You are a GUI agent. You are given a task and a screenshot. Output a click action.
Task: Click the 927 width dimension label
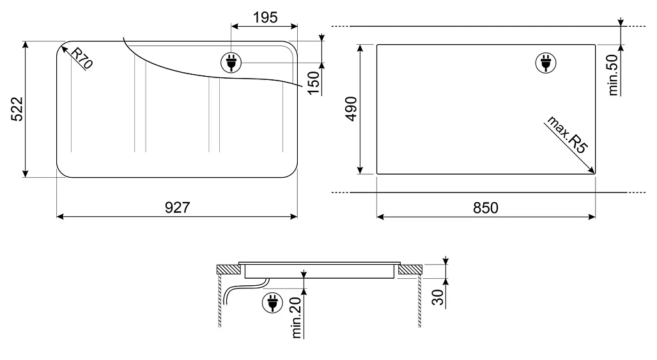pyautogui.click(x=177, y=208)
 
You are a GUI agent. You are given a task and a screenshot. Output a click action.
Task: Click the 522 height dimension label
pyautogui.click(x=17, y=109)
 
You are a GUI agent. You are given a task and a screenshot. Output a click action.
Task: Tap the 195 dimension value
pyautogui.click(x=264, y=18)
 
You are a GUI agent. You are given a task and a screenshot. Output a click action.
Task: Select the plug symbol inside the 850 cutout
pyautogui.click(x=545, y=62)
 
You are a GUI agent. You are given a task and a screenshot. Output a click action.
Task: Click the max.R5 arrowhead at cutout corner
pyautogui.click(x=592, y=171)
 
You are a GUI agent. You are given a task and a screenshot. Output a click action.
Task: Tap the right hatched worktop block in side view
pyautogui.click(x=409, y=270)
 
